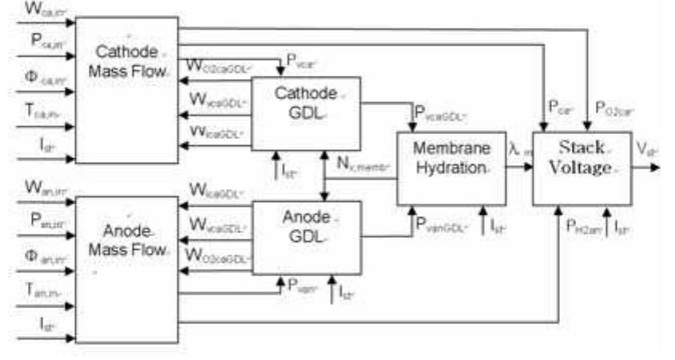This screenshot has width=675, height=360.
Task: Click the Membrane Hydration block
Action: click(x=452, y=168)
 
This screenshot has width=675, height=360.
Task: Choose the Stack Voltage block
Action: click(x=581, y=168)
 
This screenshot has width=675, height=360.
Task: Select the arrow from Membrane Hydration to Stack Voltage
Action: click(x=520, y=168)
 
